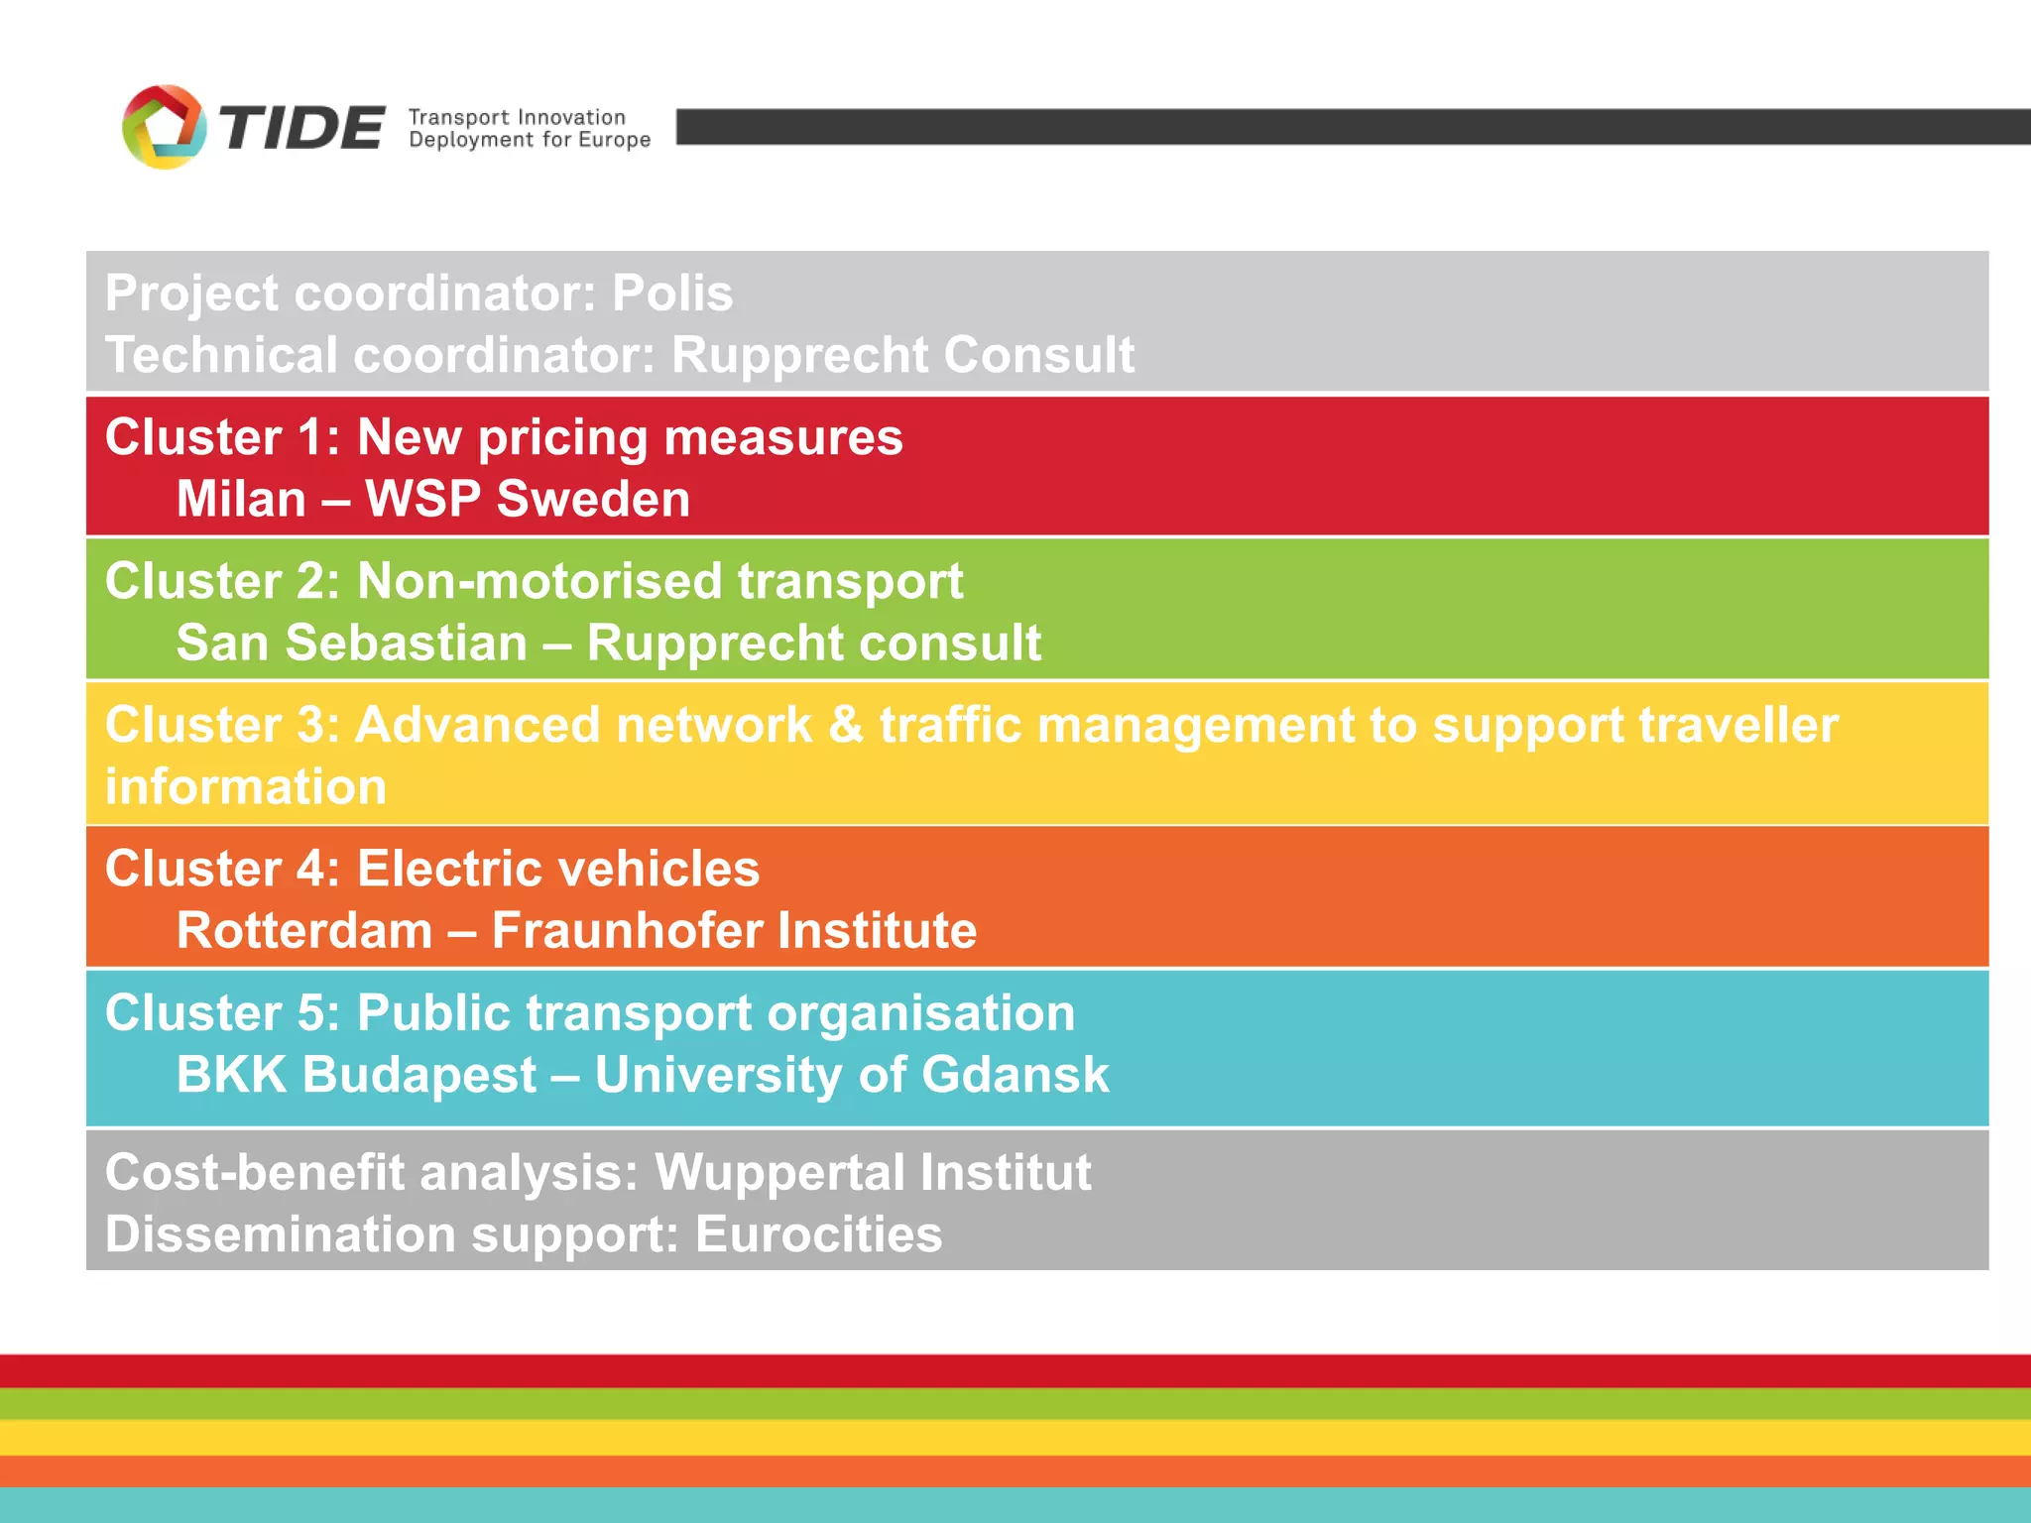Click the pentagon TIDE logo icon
[x=164, y=127]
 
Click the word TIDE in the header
[x=300, y=129]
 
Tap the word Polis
[x=672, y=293]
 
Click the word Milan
[x=241, y=499]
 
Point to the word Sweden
[x=593, y=499]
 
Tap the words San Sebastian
[x=352, y=643]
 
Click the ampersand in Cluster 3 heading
[x=845, y=725]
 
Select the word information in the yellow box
[x=246, y=787]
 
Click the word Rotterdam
[x=304, y=931]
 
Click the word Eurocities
[x=818, y=1234]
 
